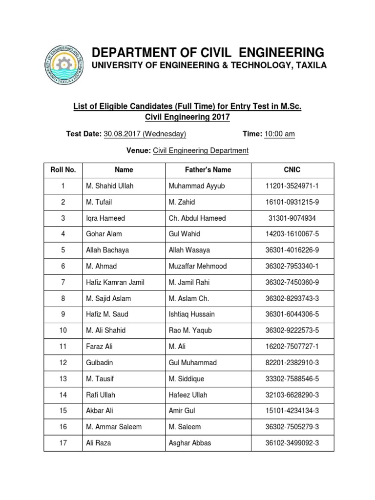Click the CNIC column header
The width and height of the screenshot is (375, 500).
292,170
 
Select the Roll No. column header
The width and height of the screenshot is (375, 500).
63,170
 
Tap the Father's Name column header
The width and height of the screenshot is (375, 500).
208,170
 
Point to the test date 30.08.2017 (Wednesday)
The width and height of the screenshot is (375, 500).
145,134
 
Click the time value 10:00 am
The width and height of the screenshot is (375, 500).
279,134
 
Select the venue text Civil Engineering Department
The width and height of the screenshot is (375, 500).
201,151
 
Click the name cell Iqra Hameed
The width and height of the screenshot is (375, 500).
105,218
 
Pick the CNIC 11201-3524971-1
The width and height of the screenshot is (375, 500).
292,186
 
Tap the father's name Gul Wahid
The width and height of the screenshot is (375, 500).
185,234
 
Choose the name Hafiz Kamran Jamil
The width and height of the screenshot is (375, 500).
115,282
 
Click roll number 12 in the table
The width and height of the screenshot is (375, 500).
63,363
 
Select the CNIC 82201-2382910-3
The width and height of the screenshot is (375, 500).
292,363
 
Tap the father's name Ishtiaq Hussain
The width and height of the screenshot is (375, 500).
191,314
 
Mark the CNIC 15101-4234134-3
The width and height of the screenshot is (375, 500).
292,411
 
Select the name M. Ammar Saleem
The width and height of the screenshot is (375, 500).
114,427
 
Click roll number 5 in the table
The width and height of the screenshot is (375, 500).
63,250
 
